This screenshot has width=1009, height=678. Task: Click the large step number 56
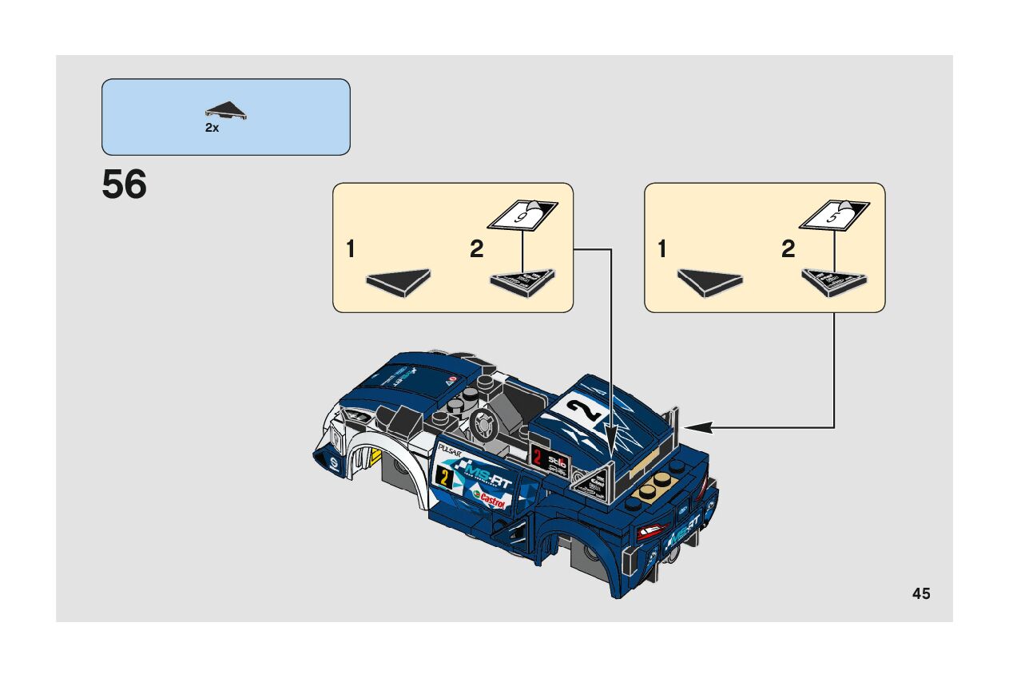[x=125, y=185]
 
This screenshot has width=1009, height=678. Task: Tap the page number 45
[x=920, y=593]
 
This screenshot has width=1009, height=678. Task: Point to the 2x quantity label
[x=212, y=128]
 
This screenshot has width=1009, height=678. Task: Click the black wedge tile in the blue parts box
[x=226, y=111]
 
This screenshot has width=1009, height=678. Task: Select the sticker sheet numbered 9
[x=522, y=216]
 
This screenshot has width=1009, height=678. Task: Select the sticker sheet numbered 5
[x=834, y=216]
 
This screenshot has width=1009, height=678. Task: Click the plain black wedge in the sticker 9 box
[x=398, y=281]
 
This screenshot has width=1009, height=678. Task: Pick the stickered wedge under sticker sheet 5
[x=833, y=282]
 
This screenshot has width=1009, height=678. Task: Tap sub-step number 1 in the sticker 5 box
[x=661, y=250]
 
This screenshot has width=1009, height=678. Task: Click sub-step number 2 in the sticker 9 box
[x=477, y=250]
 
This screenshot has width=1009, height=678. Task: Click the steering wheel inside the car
[x=482, y=425]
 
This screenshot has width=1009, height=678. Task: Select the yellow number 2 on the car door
[x=443, y=478]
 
